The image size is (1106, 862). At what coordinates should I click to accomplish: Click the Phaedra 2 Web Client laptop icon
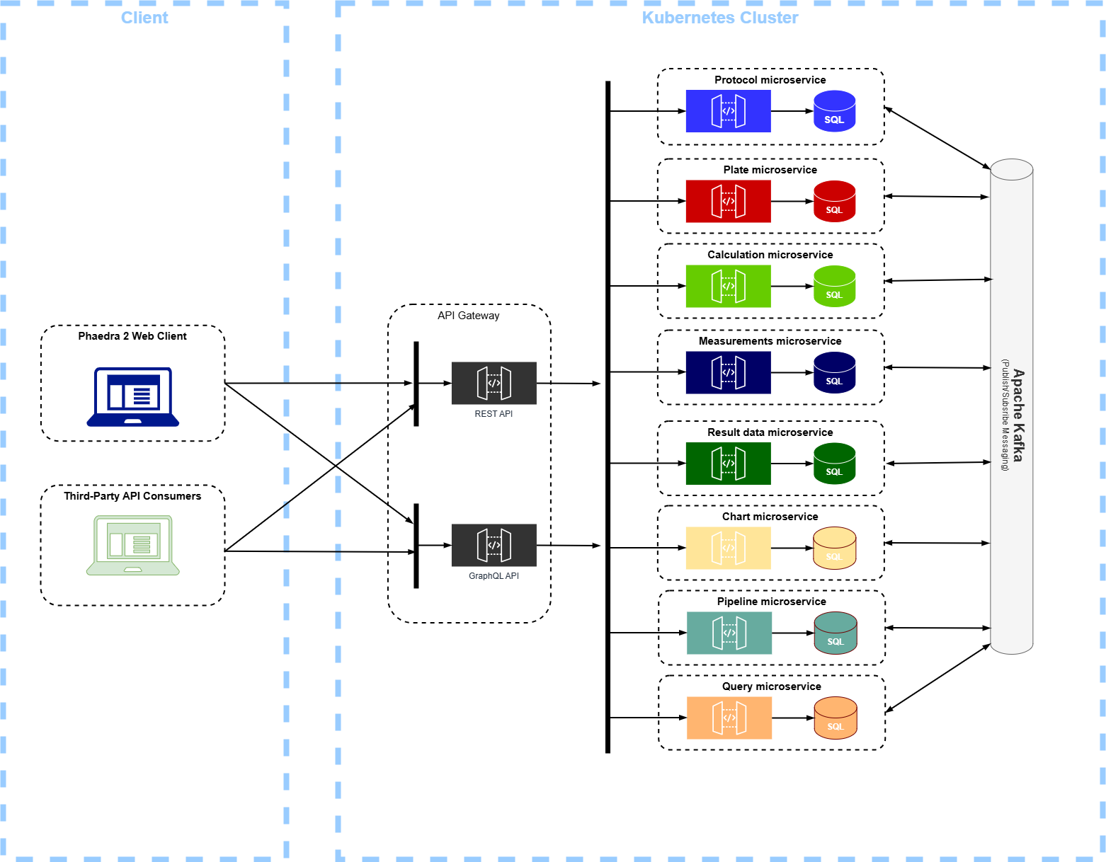click(x=133, y=396)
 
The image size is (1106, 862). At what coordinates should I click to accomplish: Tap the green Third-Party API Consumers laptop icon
click(x=133, y=545)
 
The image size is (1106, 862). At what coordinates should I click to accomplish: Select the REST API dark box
click(x=494, y=383)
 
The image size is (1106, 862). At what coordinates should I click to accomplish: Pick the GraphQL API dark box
click(x=494, y=545)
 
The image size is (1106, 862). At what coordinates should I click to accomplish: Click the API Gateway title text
click(x=468, y=316)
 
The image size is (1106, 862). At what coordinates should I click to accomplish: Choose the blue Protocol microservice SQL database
click(x=834, y=111)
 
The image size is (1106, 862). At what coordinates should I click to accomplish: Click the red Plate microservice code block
click(x=728, y=201)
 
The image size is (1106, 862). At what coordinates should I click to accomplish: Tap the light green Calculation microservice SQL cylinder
click(x=834, y=286)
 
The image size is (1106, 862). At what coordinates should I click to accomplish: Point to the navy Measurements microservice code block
click(x=728, y=372)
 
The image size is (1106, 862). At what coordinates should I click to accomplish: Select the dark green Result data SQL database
click(x=834, y=464)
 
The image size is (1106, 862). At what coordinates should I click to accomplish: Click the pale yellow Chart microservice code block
click(x=728, y=548)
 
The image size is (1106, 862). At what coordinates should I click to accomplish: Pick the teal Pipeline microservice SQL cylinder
click(x=836, y=633)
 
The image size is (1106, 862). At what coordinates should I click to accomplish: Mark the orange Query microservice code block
click(x=729, y=718)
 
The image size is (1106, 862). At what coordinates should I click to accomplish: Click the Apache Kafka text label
click(x=1017, y=415)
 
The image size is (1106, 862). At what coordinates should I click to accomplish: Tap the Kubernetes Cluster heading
click(x=719, y=18)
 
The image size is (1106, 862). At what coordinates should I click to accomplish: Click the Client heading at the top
click(x=144, y=18)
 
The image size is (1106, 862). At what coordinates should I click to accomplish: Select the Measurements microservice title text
click(x=770, y=341)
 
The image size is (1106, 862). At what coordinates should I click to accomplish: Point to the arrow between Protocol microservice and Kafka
click(x=937, y=138)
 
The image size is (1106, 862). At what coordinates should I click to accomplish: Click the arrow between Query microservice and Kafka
click(x=937, y=678)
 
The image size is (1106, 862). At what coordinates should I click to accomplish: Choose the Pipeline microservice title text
click(x=771, y=602)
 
